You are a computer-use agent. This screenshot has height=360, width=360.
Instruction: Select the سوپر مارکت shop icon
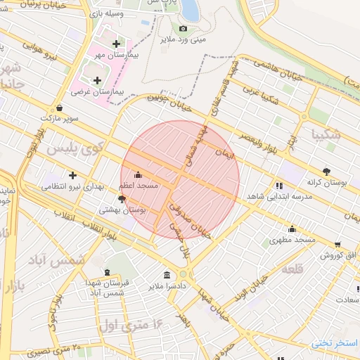click(58, 108)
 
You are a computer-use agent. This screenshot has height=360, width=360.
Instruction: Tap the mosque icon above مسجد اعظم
click(137, 174)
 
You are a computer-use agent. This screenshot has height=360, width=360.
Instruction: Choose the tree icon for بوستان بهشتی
click(122, 199)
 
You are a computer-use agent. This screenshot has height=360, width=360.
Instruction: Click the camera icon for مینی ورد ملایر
click(184, 28)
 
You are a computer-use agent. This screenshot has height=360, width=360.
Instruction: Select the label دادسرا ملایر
click(167, 286)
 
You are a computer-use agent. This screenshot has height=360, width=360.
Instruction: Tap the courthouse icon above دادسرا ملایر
click(167, 275)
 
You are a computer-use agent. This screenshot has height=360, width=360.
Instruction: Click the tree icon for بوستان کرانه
click(326, 171)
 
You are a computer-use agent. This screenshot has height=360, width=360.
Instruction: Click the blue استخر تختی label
click(335, 343)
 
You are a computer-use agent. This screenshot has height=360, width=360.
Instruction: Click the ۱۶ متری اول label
click(131, 325)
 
